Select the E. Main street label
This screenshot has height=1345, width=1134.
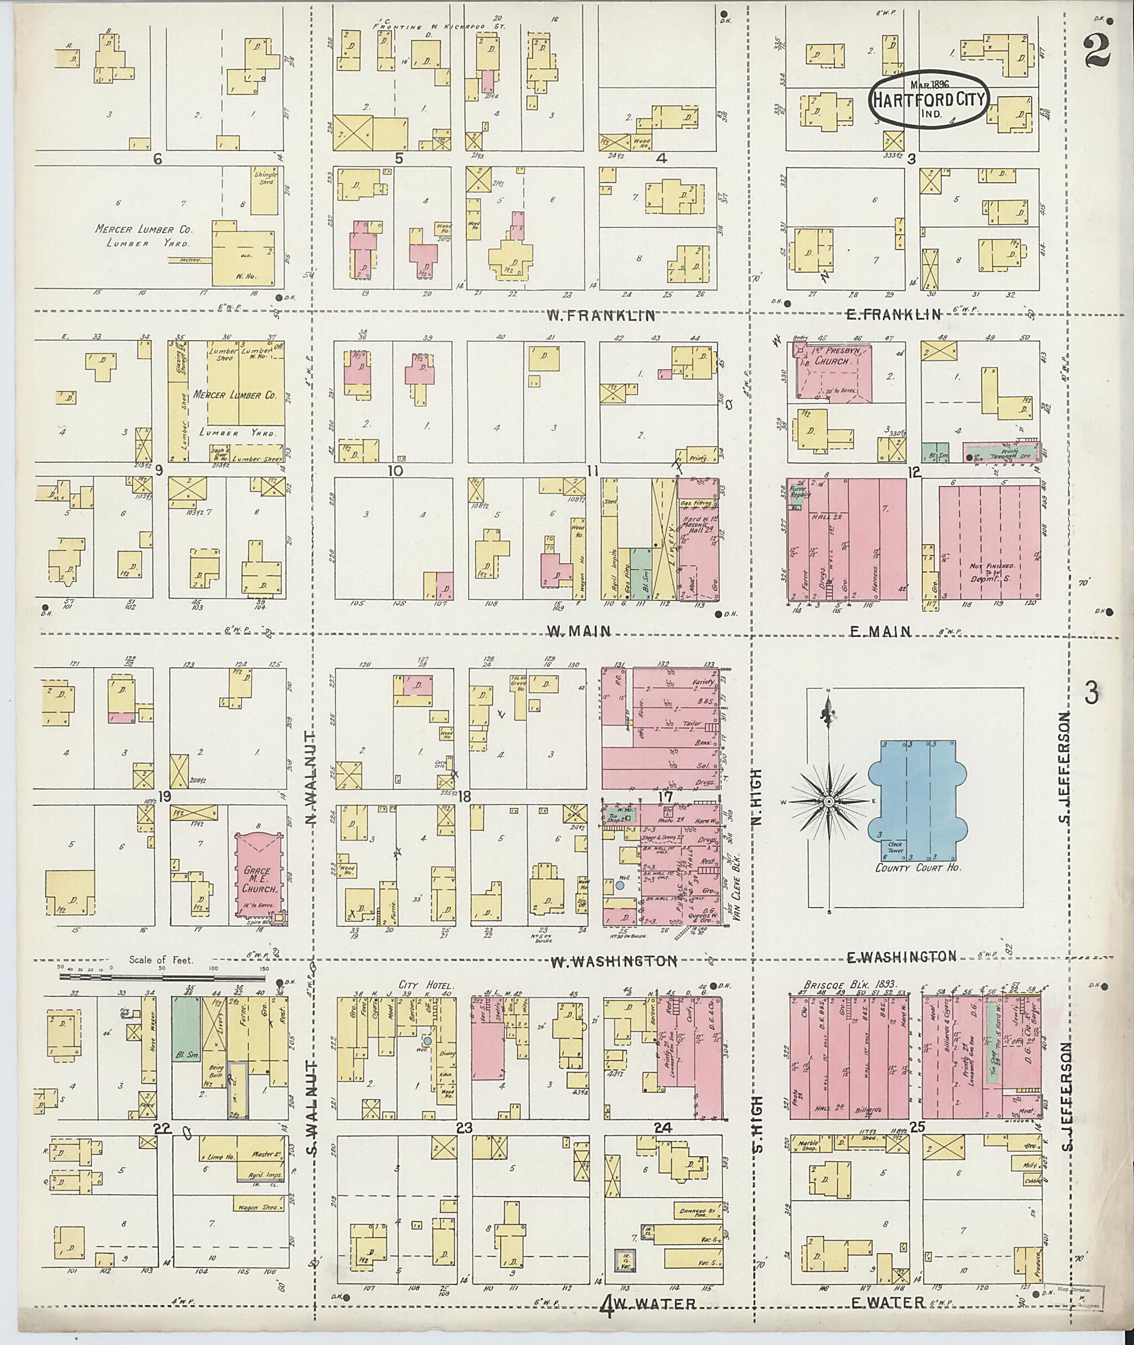[x=880, y=632]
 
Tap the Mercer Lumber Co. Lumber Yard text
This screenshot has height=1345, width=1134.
[x=143, y=235]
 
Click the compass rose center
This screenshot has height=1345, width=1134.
[x=829, y=802]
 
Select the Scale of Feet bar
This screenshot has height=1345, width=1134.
[x=162, y=977]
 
